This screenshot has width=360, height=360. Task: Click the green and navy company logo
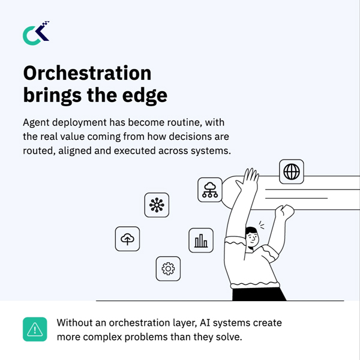click(36, 33)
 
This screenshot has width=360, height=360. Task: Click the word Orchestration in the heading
click(87, 73)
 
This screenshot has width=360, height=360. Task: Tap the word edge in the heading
click(145, 95)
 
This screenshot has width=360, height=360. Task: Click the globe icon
click(292, 172)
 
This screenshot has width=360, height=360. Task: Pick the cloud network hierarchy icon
click(210, 190)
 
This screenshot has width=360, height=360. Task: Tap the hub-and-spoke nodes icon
click(157, 205)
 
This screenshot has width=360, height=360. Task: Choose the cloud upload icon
click(127, 239)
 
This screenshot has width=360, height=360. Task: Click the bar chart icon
click(201, 241)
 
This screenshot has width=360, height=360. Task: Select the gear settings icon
click(168, 269)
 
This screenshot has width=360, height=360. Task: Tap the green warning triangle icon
click(35, 329)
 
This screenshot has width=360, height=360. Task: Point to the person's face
click(252, 238)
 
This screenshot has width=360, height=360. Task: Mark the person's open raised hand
click(248, 180)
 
